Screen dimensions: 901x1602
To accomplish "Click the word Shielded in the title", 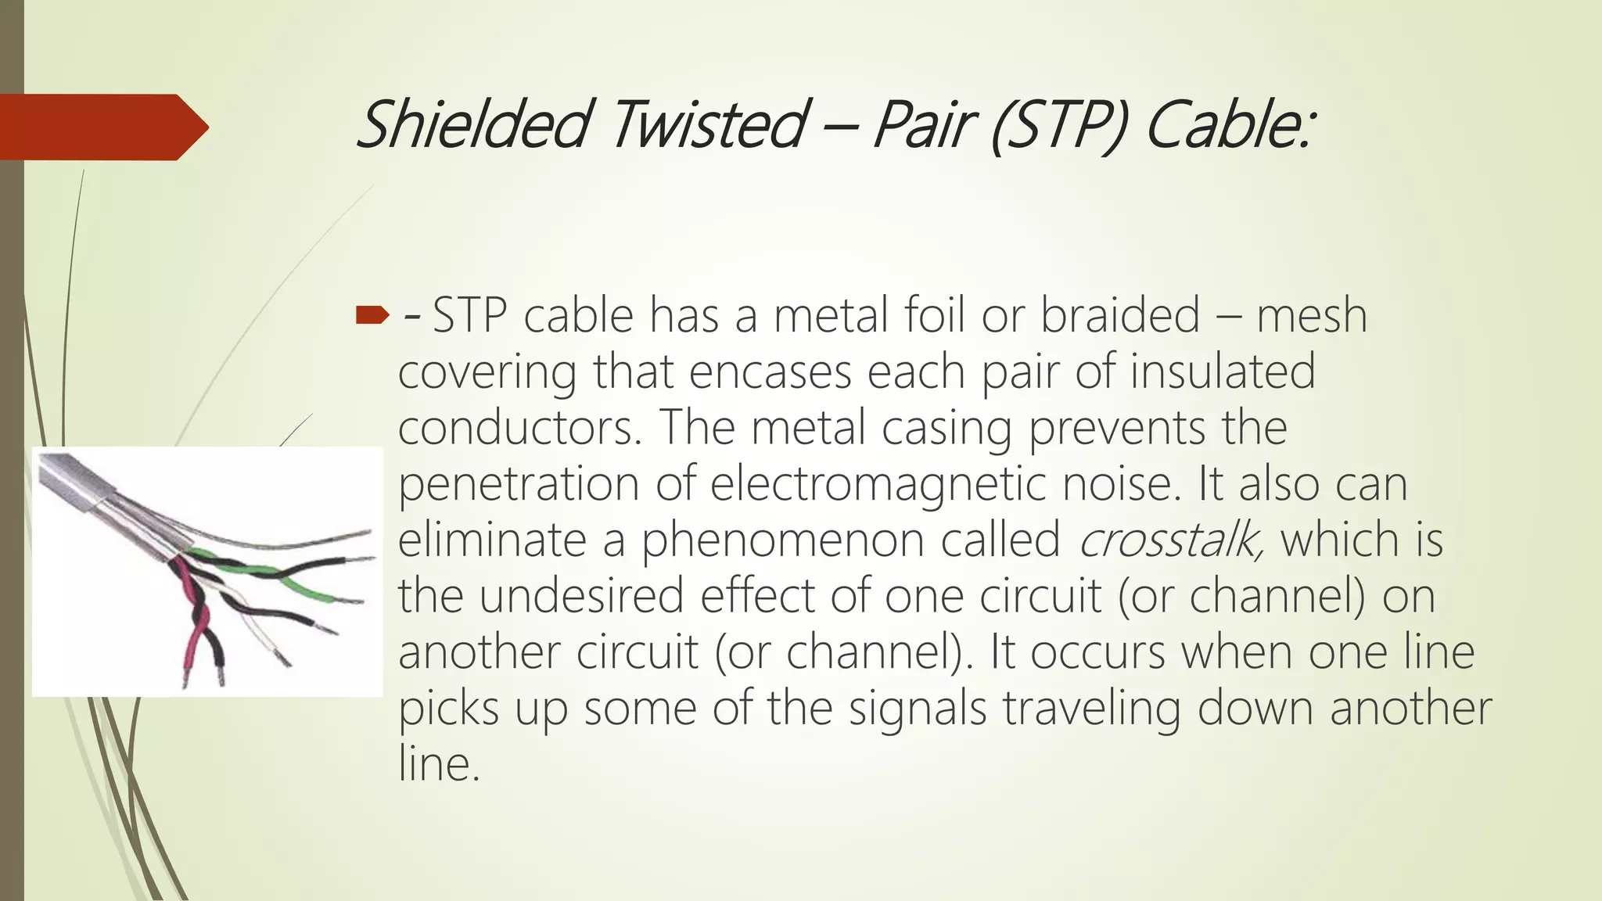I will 472,124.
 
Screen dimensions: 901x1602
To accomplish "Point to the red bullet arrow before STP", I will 372,315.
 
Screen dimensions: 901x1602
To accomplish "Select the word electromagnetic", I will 878,483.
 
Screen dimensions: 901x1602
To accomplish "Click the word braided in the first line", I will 1119,315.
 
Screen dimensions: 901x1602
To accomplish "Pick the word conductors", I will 519,427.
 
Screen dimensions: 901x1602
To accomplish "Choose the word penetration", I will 519,483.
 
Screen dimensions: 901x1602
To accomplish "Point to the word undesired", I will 582,595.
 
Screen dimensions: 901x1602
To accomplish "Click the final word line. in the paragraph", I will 438,763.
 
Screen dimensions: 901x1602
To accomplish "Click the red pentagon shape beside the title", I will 102,127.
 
